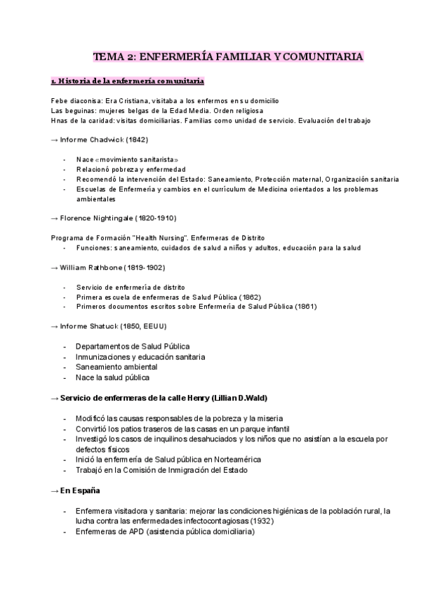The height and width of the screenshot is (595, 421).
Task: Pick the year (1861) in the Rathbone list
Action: (x=305, y=307)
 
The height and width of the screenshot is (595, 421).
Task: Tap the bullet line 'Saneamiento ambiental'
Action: (x=116, y=367)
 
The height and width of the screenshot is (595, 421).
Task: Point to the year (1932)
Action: (x=261, y=521)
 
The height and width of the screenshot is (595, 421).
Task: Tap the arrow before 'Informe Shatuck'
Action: (x=55, y=326)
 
